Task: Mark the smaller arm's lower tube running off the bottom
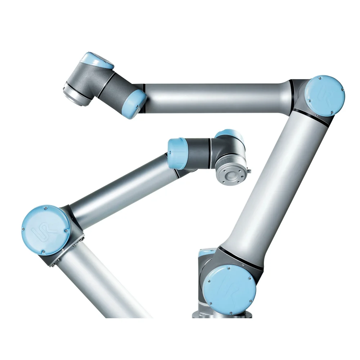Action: pyautogui.click(x=104, y=284)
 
